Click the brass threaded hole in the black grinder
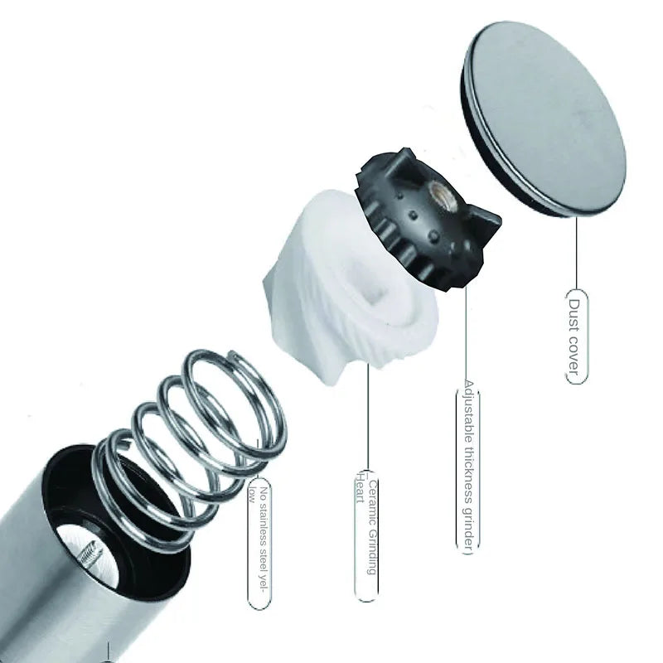[x=441, y=196]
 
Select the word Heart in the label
[x=361, y=488]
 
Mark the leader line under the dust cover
[x=576, y=253]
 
